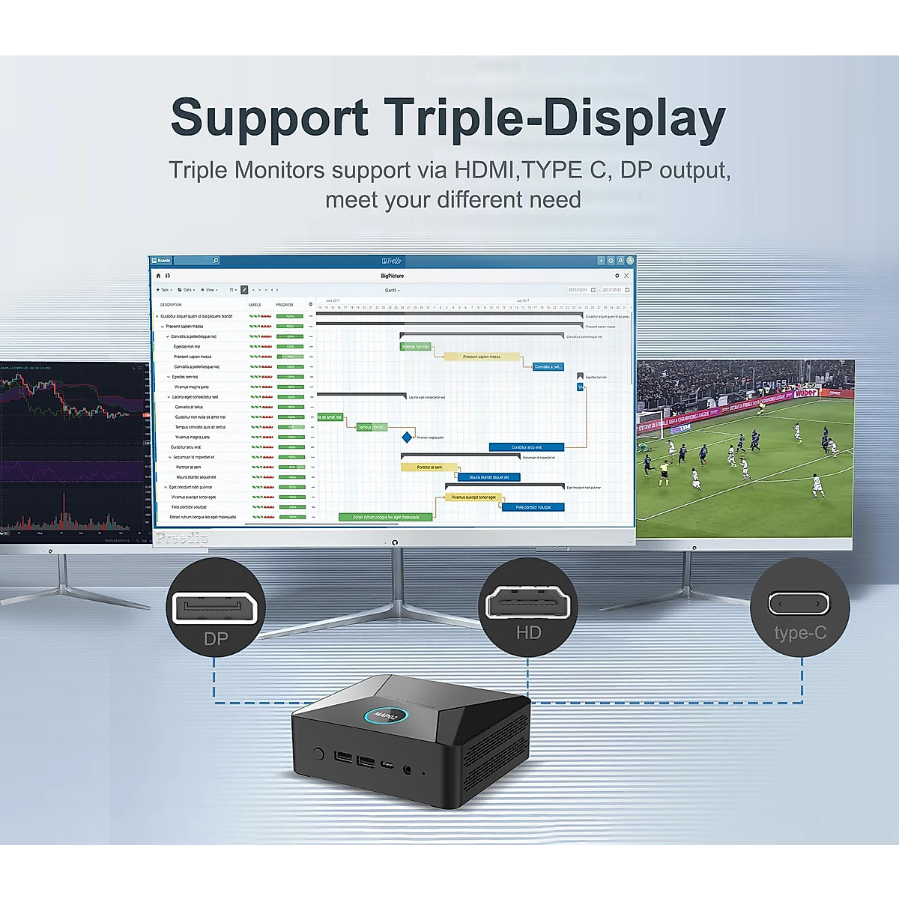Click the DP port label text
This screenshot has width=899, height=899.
(216, 639)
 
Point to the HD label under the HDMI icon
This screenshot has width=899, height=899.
(528, 632)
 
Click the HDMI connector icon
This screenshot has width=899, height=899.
(528, 602)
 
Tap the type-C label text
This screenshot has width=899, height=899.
(800, 633)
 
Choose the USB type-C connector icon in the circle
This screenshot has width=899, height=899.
(799, 602)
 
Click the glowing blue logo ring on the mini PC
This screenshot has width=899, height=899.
(387, 715)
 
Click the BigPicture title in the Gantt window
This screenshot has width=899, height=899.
(392, 276)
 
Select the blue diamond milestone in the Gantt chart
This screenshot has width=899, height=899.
(407, 437)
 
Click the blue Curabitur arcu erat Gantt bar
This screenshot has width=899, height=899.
(526, 447)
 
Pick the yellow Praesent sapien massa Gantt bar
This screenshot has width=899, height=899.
(481, 357)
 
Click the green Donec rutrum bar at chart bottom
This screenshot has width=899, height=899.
(385, 517)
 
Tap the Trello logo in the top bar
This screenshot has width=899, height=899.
(392, 261)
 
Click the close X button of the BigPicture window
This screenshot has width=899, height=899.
(626, 276)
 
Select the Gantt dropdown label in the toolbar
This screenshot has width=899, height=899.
(391, 290)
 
